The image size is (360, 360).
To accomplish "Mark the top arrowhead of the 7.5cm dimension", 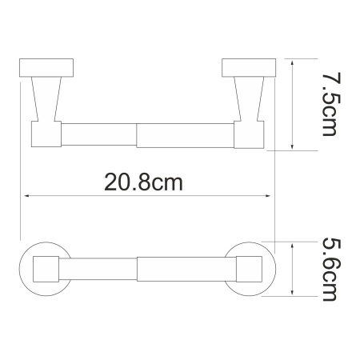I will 295,63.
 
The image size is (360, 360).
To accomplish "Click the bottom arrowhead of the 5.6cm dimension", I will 295,294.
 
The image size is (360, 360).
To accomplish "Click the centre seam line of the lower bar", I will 138,268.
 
